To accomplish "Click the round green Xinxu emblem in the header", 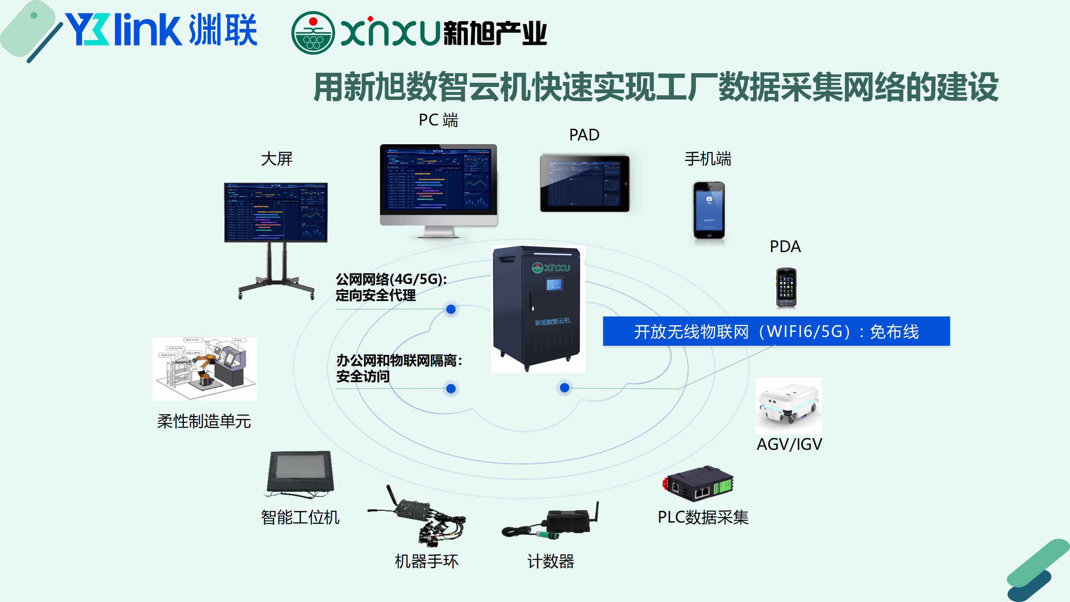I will [313, 33].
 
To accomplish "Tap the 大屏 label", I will [277, 159].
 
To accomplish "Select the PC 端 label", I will [438, 120].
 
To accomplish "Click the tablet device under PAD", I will [584, 183].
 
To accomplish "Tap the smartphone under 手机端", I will [709, 210].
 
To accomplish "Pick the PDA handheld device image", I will [786, 288].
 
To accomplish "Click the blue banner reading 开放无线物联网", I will [776, 332].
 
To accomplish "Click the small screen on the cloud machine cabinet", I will [554, 285].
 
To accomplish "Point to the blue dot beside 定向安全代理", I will [451, 309].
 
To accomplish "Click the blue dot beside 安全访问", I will [451, 389].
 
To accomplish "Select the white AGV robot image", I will [789, 406].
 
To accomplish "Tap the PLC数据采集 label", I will [703, 518].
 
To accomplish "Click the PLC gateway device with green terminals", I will [699, 484].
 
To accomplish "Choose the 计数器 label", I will [551, 561].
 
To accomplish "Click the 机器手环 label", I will [426, 561].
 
